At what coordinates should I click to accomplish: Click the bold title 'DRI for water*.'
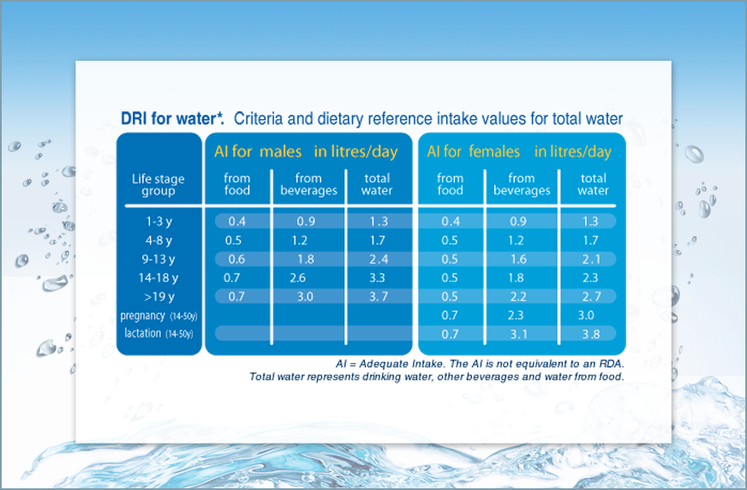click(172, 118)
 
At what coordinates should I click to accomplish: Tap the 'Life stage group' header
click(158, 185)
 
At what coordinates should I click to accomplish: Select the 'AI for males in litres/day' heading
click(306, 152)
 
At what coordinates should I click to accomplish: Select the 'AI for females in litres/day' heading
click(519, 152)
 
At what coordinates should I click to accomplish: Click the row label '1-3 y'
click(158, 221)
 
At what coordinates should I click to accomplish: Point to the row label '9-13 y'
click(158, 259)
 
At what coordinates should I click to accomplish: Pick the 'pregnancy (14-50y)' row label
click(158, 316)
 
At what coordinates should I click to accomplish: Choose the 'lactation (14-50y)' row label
click(158, 333)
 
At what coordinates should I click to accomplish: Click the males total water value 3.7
click(379, 296)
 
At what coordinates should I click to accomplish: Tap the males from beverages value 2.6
click(298, 278)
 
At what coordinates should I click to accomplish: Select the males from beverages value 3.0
click(305, 296)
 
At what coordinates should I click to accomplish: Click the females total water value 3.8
click(591, 334)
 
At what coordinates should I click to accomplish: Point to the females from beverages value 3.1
click(519, 334)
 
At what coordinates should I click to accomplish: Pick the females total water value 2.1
click(591, 259)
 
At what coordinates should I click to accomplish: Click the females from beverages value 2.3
click(516, 315)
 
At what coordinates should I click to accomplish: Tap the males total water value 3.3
click(377, 278)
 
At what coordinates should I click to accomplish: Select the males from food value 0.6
click(236, 259)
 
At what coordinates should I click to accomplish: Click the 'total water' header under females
click(593, 184)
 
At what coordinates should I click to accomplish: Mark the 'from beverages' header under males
click(308, 184)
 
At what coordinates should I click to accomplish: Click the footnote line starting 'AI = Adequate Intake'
click(480, 364)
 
